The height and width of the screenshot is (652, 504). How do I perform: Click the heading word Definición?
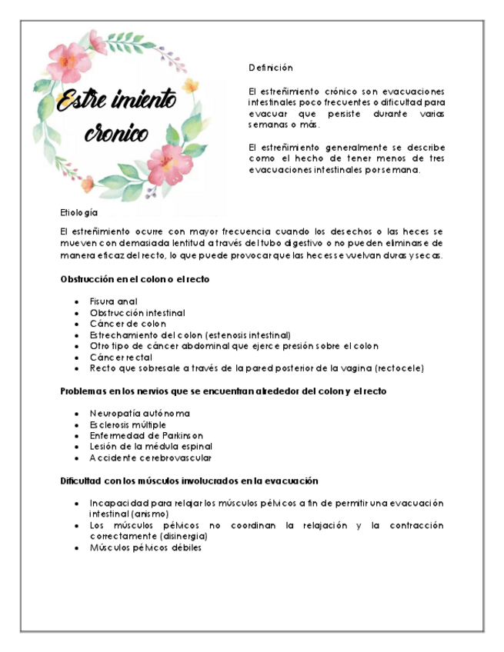tap(270, 68)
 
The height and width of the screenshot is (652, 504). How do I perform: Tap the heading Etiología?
tap(79, 211)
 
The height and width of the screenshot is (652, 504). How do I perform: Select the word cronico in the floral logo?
tap(117, 134)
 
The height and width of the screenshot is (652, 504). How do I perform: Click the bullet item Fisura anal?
tap(113, 301)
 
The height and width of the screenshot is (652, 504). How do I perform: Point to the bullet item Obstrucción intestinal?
tap(137, 313)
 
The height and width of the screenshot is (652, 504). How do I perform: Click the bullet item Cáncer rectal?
tap(121, 357)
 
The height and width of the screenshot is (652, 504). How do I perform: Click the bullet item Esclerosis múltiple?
tap(128, 424)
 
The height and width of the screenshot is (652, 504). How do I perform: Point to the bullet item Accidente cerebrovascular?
tap(150, 457)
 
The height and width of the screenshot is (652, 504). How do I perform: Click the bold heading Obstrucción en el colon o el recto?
tap(135, 279)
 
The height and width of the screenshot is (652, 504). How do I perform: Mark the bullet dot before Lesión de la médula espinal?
tap(76, 447)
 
